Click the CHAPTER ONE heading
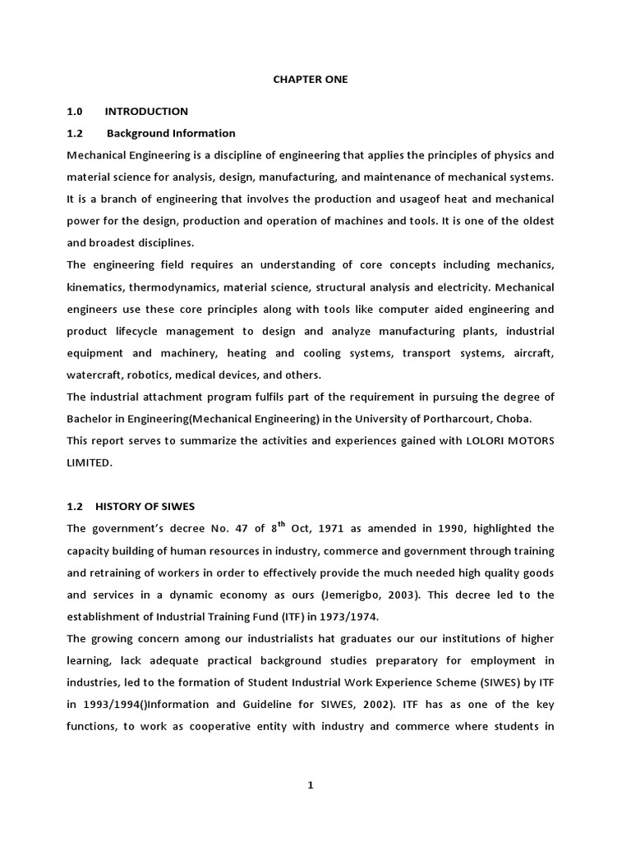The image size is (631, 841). [310, 80]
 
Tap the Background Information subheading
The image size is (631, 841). [171, 133]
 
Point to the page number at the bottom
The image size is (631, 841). [311, 785]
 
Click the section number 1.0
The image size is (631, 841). [75, 111]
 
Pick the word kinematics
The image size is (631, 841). [99, 287]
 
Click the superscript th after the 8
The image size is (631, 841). [281, 524]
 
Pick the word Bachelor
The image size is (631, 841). [91, 418]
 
